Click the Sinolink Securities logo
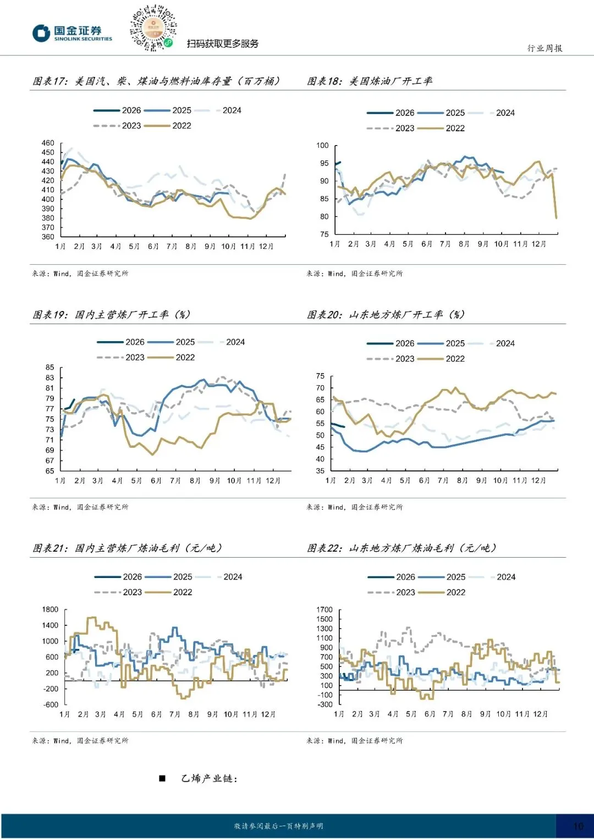[72, 34]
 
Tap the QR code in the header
[153, 28]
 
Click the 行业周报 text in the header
[545, 48]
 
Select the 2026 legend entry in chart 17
[117, 110]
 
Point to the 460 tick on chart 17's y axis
[48, 143]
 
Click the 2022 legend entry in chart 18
[441, 129]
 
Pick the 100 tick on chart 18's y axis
[322, 145]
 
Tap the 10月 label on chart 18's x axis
[501, 244]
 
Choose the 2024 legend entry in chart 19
[221, 342]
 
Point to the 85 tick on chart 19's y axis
[50, 368]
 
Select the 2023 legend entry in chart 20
[391, 359]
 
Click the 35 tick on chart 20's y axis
[320, 471]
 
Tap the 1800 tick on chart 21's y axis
[50, 609]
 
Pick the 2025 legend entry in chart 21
[168, 577]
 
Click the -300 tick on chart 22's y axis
[324, 704]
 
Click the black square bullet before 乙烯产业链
[162, 779]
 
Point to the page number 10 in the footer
[578, 826]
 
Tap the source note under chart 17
[80, 274]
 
